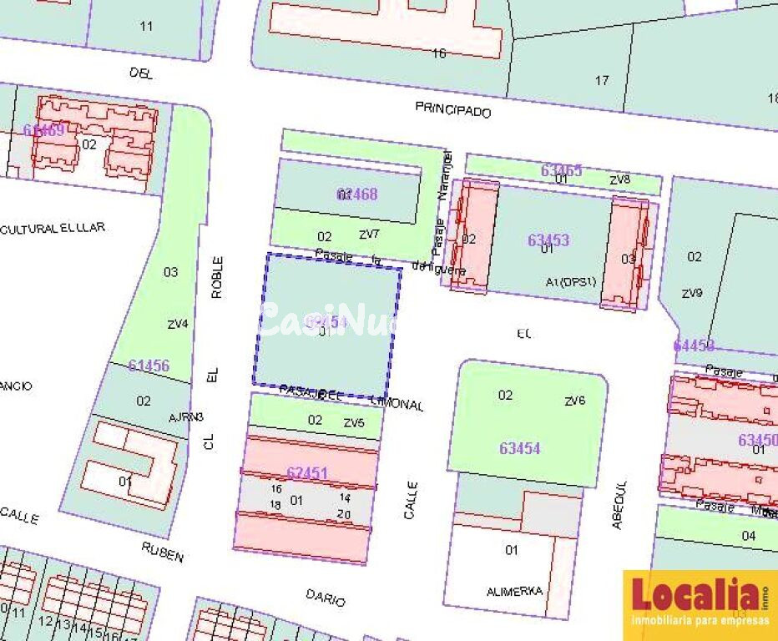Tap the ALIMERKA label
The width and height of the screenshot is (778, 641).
514,591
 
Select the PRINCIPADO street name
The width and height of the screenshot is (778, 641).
453,110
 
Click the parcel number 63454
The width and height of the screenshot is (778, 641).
520,448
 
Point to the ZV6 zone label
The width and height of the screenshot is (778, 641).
575,401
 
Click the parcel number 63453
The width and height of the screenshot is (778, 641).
548,240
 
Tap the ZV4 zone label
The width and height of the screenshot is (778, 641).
178,325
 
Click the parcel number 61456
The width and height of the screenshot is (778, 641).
149,366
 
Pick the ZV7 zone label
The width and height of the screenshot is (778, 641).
370,234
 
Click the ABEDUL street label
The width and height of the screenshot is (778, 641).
618,505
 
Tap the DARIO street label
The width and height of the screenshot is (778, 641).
325,597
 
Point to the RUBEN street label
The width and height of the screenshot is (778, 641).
162,552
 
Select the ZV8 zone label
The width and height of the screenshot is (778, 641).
619,179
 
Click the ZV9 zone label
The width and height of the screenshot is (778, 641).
692,293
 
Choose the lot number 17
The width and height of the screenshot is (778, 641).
602,80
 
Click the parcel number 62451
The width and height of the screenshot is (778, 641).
307,473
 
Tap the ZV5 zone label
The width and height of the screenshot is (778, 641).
354,423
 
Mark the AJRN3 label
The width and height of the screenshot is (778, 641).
186,416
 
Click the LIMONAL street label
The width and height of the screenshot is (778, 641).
397,404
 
